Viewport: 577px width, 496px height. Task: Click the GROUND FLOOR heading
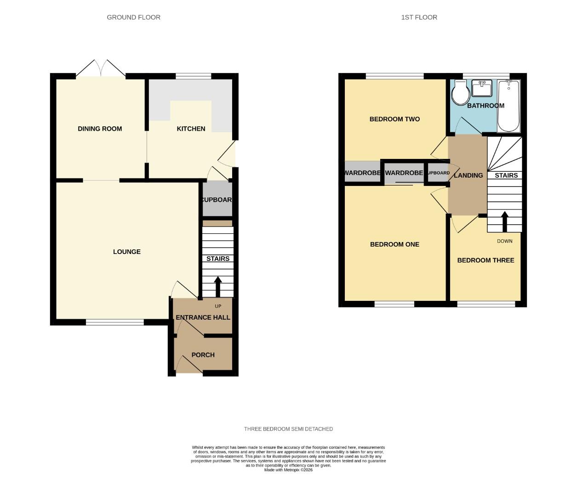[x=133, y=17]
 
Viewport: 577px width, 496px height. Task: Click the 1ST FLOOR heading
[x=419, y=17]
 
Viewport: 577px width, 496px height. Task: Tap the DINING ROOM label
[x=100, y=129]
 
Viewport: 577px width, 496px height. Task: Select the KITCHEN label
[x=191, y=129]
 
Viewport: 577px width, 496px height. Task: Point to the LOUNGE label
[x=127, y=252]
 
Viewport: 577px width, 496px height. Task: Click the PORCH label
[x=203, y=355]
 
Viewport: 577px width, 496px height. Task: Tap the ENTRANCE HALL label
[x=203, y=317]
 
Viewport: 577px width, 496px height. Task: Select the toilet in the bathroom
[x=460, y=94]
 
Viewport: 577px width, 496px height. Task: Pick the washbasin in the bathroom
[x=482, y=88]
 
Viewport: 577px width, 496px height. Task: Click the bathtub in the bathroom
[x=508, y=106]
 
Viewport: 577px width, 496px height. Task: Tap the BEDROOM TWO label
[x=394, y=119]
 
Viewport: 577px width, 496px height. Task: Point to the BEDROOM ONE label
[x=394, y=244]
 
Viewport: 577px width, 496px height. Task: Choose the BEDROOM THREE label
[x=486, y=260]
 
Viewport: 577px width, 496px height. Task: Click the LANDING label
[x=468, y=175]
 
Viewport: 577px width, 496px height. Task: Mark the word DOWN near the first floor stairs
[x=504, y=241]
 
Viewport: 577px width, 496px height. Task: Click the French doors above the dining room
[x=101, y=69]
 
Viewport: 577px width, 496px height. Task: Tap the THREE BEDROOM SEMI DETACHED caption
[x=288, y=429]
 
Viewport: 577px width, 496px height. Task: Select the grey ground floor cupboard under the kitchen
[x=217, y=199]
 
